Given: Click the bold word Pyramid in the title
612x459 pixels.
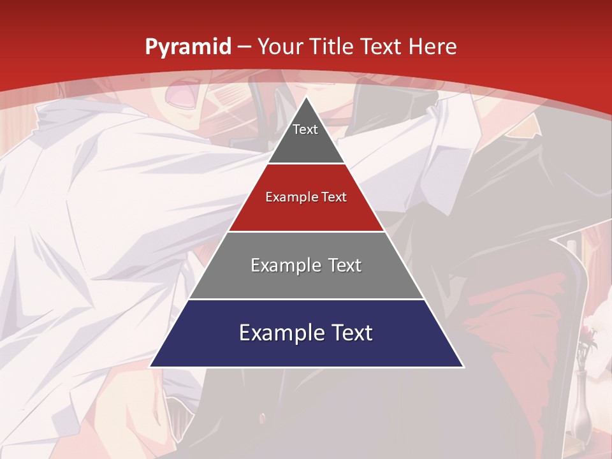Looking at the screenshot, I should coord(187,47).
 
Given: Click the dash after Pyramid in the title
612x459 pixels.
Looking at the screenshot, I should coord(243,47).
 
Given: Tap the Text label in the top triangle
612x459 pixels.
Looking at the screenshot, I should coord(305,129).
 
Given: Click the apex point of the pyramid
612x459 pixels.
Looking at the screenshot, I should coord(307,98).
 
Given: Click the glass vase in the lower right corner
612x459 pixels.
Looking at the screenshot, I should coord(581,408).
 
